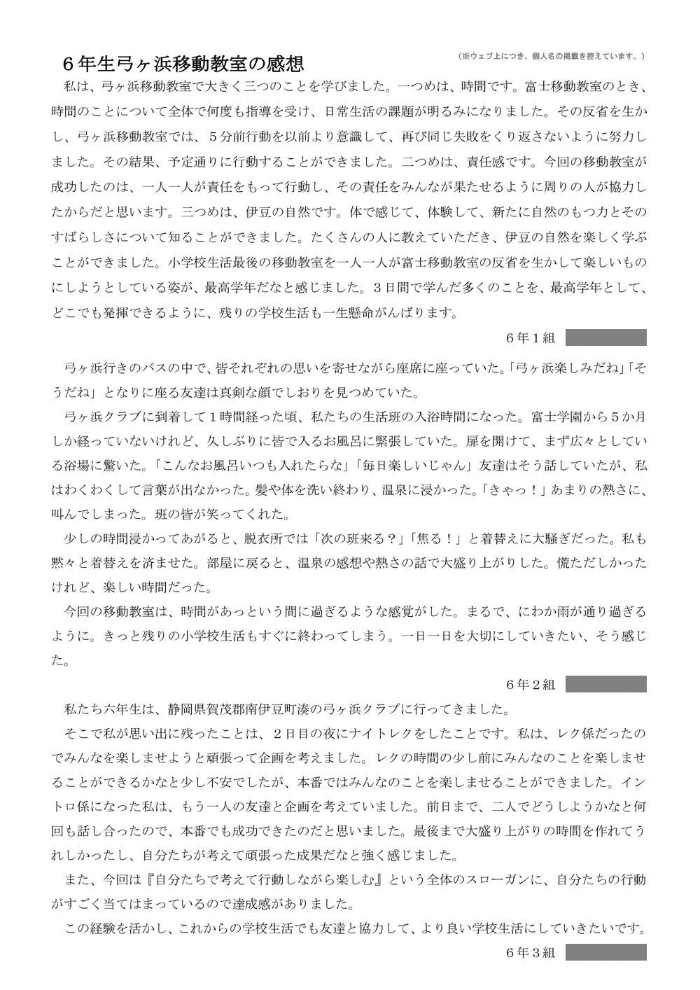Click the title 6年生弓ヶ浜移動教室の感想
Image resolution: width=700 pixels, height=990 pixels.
(x=183, y=64)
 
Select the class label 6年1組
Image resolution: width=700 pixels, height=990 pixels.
(x=530, y=337)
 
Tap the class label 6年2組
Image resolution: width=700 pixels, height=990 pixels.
(x=530, y=684)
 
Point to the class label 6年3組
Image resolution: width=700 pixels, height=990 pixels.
(x=530, y=953)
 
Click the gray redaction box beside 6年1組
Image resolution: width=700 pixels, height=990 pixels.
(x=605, y=337)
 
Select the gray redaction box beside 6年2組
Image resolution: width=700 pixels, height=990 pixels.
(x=605, y=684)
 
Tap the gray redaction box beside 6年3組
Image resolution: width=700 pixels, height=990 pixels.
(x=605, y=953)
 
